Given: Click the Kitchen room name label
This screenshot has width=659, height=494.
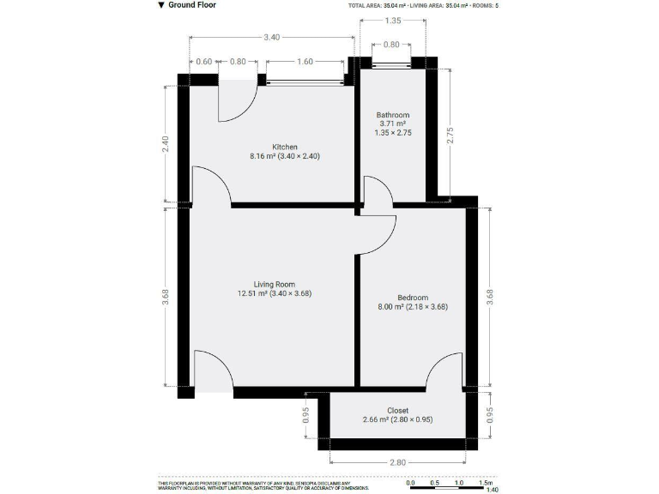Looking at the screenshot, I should (x=285, y=147).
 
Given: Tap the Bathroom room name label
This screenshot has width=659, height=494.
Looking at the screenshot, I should (x=393, y=115).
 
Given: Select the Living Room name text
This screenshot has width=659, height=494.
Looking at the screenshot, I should (x=274, y=284).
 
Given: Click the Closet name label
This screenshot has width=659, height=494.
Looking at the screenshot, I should (x=397, y=410).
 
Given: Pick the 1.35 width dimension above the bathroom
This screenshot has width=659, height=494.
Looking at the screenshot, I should (x=392, y=20).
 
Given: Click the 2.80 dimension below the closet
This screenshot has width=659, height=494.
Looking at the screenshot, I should (x=397, y=462).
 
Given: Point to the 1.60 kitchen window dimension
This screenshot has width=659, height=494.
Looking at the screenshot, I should (x=305, y=61).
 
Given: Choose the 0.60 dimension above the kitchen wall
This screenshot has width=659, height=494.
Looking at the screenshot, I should (x=203, y=61).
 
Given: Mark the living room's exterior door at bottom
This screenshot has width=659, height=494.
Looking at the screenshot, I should (x=213, y=370).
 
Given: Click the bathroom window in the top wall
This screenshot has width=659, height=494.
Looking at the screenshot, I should (x=392, y=63).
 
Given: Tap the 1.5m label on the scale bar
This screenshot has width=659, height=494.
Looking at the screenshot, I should (x=487, y=483).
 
